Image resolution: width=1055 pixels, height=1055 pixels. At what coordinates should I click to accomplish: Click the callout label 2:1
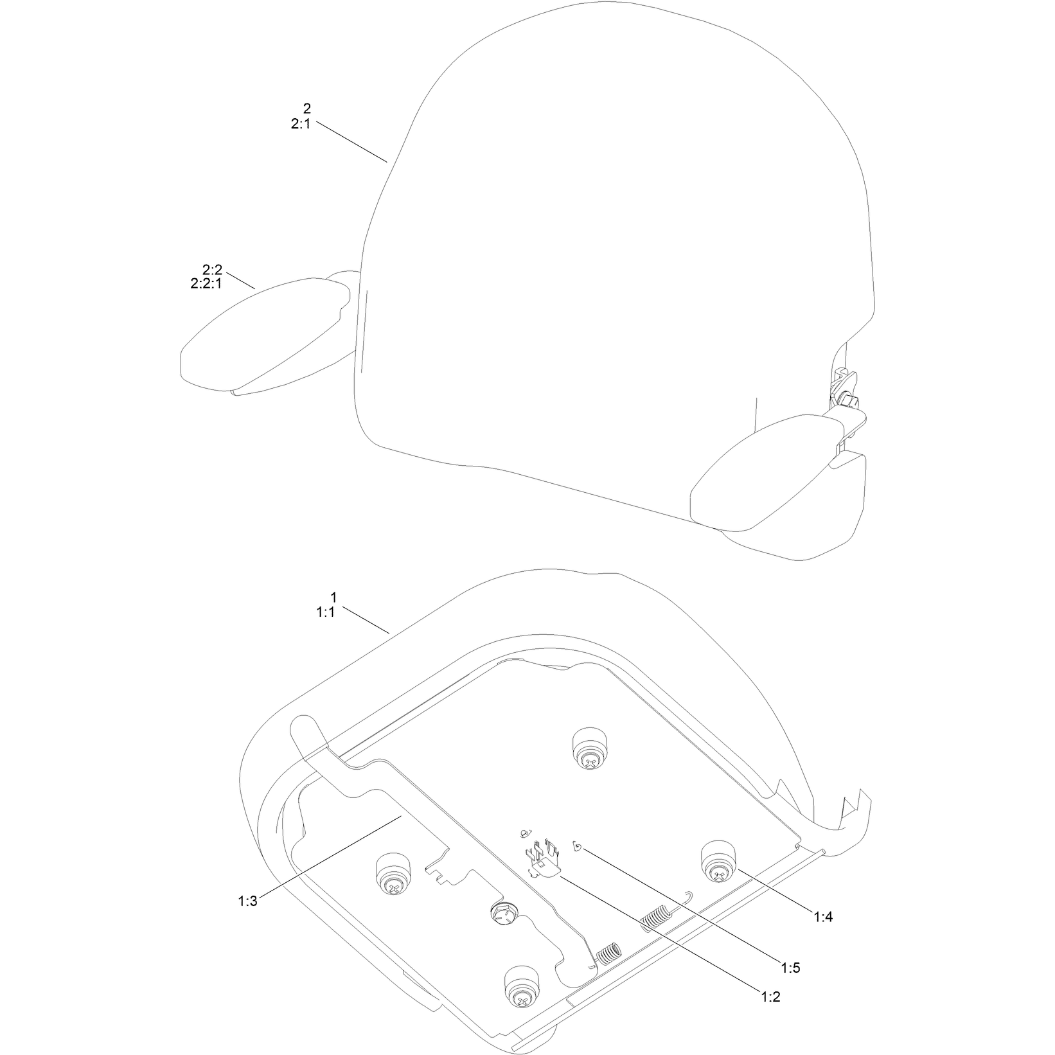click(301, 125)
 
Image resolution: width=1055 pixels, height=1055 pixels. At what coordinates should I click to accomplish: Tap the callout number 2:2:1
click(206, 283)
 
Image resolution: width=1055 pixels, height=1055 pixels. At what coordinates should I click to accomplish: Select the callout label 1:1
click(326, 613)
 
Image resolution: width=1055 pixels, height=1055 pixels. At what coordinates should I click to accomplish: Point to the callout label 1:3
click(247, 901)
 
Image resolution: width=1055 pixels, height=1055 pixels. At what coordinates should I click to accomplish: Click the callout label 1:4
click(823, 918)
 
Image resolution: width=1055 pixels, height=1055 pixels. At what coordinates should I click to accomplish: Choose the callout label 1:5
click(791, 968)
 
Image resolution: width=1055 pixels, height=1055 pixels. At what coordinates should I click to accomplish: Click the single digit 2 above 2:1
click(306, 107)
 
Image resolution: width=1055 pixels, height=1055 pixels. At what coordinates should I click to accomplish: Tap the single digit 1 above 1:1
click(333, 598)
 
